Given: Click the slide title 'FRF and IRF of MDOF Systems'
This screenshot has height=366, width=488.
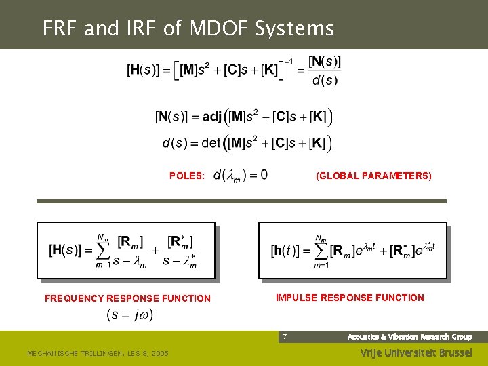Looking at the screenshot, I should click(x=188, y=28).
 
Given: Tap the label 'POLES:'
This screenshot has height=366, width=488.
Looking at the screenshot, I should click(x=187, y=176).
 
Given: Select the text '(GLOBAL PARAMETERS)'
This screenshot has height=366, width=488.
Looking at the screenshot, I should click(x=373, y=176).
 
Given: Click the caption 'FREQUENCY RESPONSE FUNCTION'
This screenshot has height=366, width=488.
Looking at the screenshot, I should click(x=127, y=298).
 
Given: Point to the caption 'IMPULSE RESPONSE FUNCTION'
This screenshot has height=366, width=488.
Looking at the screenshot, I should click(x=350, y=298).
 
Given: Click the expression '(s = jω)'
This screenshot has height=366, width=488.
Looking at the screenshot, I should click(x=130, y=314).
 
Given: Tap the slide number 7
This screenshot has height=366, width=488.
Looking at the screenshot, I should click(x=285, y=337).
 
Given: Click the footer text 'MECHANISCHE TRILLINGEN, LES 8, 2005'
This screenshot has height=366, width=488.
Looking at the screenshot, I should click(x=98, y=353).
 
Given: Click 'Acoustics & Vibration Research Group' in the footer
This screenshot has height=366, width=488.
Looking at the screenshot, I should click(x=409, y=337).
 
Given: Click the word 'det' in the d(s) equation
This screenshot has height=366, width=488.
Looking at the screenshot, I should click(x=211, y=143).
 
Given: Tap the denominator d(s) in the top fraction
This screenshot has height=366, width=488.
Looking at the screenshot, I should click(x=325, y=81).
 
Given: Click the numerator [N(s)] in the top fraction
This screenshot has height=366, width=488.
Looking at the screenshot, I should click(x=325, y=62).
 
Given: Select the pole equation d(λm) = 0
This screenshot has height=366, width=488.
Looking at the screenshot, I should click(x=240, y=176).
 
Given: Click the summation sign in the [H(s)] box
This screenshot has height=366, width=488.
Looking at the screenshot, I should click(x=103, y=250).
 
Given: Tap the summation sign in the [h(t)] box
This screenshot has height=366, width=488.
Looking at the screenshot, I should click(x=319, y=251).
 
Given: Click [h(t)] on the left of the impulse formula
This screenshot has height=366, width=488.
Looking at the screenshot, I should click(x=287, y=251).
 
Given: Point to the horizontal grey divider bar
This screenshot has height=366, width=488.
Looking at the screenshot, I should click(x=241, y=201).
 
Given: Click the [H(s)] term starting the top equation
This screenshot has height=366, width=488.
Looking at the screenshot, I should click(x=144, y=70).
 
